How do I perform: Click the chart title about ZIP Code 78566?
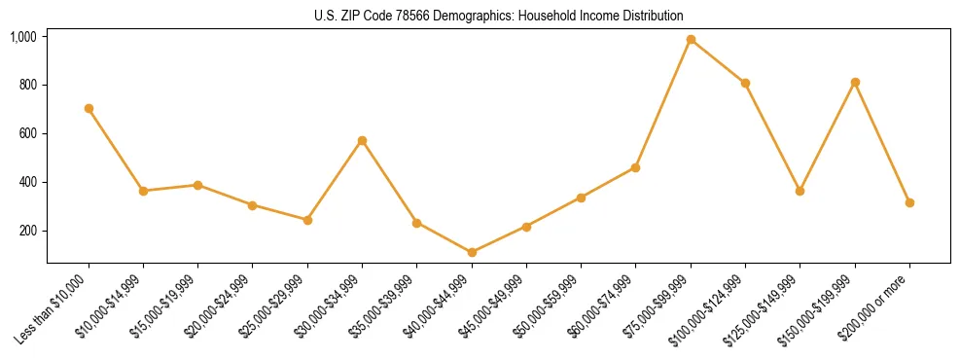tap(499, 16)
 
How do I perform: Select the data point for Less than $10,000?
tap(89, 109)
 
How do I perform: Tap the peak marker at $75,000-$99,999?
tap(691, 40)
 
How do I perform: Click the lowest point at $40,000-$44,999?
tap(472, 253)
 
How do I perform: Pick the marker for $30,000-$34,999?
tap(362, 141)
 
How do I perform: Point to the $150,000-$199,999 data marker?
tap(855, 83)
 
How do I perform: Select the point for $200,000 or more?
tap(909, 202)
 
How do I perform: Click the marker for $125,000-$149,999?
tap(800, 191)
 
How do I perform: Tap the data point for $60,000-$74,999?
tap(635, 167)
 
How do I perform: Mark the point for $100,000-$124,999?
tap(745, 84)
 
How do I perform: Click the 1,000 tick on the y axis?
tap(23, 37)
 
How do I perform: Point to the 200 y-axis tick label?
tap(29, 232)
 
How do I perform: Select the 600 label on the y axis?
tap(29, 134)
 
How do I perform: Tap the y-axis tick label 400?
tap(29, 183)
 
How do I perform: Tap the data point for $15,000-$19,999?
tap(197, 185)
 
